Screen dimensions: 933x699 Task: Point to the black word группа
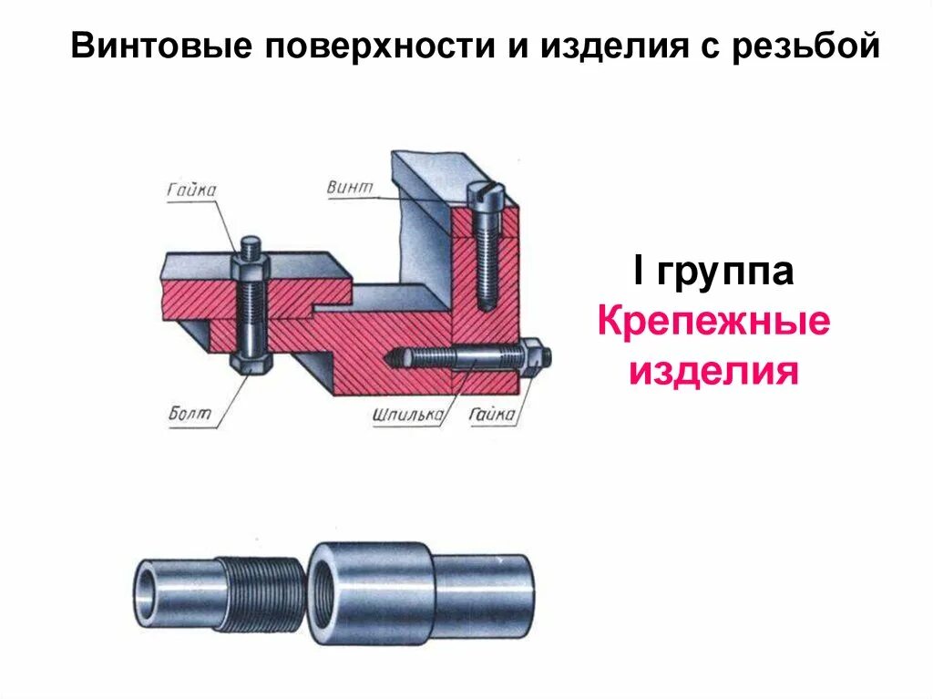click(724, 272)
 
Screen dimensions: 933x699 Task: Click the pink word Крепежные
click(713, 322)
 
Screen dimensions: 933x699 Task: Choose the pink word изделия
click(713, 371)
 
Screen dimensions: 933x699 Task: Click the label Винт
click(350, 188)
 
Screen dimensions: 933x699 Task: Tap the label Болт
click(190, 414)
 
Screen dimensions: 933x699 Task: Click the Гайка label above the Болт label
click(191, 190)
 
